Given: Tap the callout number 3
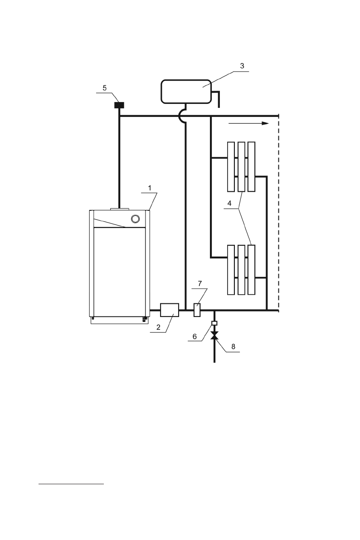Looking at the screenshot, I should tap(242, 66).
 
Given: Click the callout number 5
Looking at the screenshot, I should tap(105, 88).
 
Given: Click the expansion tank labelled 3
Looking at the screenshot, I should tap(186, 91).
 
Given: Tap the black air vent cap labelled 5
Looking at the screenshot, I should tap(119, 105).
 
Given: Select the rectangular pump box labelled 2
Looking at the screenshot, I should tap(170, 310).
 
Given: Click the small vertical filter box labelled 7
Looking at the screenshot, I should tap(197, 310).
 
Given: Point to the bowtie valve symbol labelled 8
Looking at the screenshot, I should tap(215, 336).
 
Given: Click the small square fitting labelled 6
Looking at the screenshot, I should tap(215, 323).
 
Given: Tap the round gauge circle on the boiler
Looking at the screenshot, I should tap(135, 219).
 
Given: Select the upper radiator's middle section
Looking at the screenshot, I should tap(241, 166).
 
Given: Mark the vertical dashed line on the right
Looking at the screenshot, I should tap(278, 213).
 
